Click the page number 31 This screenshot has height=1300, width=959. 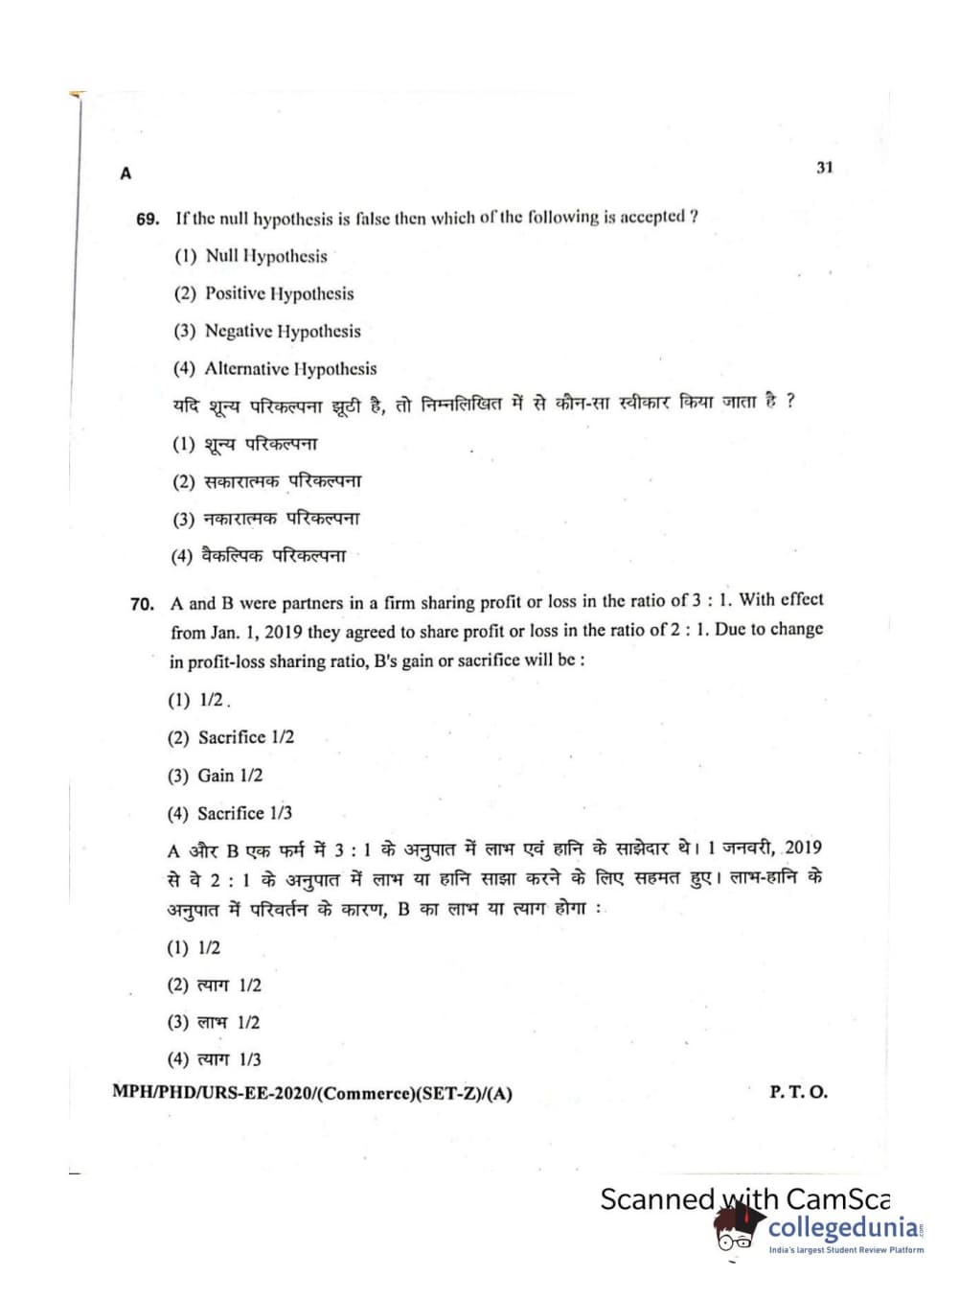coord(824,168)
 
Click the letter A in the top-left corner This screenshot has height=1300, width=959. coord(126,174)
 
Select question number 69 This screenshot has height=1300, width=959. coord(148,220)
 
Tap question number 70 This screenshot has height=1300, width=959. coord(142,605)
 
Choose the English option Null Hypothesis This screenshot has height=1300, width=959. coord(265,256)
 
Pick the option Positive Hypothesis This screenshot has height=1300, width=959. coord(279,293)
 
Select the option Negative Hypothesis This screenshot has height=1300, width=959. coord(283,331)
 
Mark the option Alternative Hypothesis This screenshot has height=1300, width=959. coord(290,369)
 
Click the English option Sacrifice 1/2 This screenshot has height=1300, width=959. coord(245,737)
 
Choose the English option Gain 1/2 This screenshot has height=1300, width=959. coord(229,776)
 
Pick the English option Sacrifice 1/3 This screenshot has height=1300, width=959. coord(244,813)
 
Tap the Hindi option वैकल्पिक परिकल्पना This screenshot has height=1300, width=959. coord(273,556)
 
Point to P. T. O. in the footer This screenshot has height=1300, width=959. coord(798,1092)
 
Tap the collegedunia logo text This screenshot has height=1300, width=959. coord(842,1228)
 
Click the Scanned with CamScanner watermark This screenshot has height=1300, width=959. coord(744,1198)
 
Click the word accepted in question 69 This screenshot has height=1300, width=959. coord(652,217)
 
